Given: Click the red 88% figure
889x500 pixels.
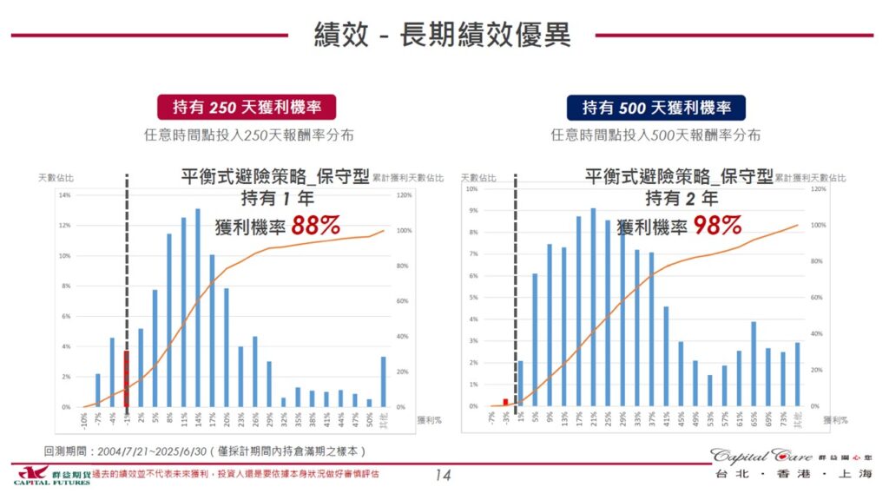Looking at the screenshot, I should pyautogui.click(x=315, y=226).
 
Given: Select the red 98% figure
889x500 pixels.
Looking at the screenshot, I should pyautogui.click(x=717, y=226).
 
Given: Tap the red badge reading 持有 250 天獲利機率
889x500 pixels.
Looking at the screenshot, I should pyautogui.click(x=247, y=108).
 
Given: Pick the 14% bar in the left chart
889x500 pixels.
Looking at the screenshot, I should pyautogui.click(x=197, y=308).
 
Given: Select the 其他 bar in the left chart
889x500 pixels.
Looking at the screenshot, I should pyautogui.click(x=382, y=382).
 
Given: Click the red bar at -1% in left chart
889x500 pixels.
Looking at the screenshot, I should pyautogui.click(x=126, y=379).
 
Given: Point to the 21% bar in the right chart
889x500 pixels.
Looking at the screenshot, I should pyautogui.click(x=593, y=307).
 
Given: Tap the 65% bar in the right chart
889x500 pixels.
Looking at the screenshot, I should pyautogui.click(x=754, y=365).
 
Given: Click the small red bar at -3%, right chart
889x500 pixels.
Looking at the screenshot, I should pyautogui.click(x=505, y=402).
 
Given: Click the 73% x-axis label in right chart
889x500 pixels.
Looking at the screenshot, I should pyautogui.click(x=782, y=418).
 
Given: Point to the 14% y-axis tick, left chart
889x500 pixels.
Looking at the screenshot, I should pyautogui.click(x=65, y=195).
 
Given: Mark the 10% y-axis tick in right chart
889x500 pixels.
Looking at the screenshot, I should pyautogui.click(x=472, y=188).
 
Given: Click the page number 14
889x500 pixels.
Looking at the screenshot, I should pyautogui.click(x=443, y=475).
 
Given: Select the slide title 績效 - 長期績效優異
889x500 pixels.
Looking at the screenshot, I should pyautogui.click(x=442, y=36).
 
